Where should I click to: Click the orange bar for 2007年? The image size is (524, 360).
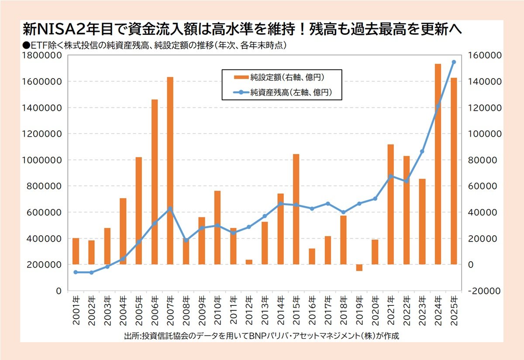pyautogui.click(x=170, y=171)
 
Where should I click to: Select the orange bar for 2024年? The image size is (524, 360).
pyautogui.click(x=438, y=164)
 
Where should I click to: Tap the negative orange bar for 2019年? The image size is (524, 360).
pyautogui.click(x=359, y=267)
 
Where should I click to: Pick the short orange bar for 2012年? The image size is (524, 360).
pyautogui.click(x=249, y=262)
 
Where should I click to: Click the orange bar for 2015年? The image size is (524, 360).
pyautogui.click(x=296, y=209)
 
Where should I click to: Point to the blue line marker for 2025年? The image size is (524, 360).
pyautogui.click(x=453, y=62)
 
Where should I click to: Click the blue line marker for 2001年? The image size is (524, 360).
pyautogui.click(x=76, y=272)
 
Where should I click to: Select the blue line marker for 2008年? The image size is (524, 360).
pyautogui.click(x=186, y=240)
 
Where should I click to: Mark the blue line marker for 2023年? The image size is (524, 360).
pyautogui.click(x=422, y=151)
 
